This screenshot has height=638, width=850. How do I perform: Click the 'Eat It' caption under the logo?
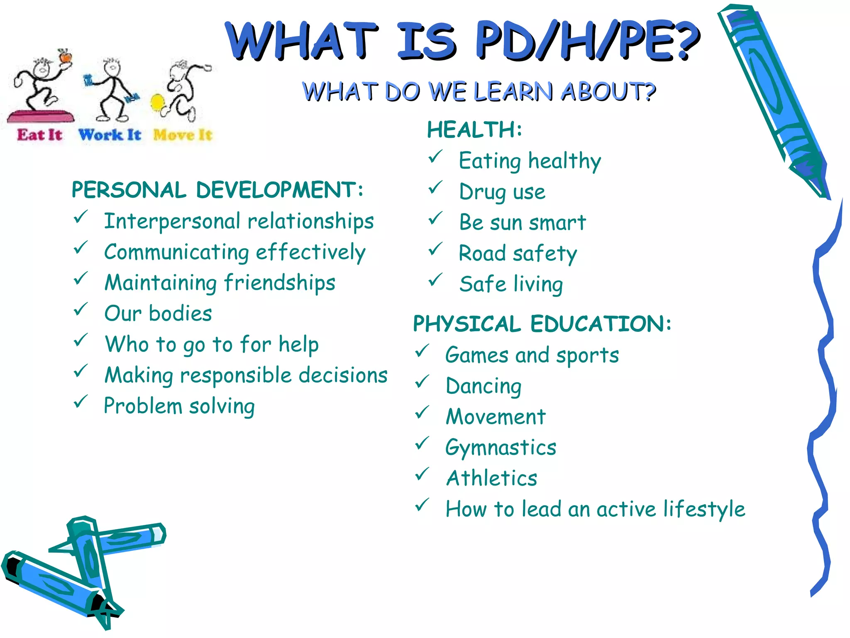[x=39, y=135]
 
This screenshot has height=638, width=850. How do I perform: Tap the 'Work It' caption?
[x=110, y=135]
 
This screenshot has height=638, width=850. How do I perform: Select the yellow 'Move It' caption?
[x=183, y=135]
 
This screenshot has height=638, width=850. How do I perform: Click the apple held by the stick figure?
[x=65, y=56]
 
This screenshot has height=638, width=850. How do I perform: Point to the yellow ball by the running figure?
[x=158, y=103]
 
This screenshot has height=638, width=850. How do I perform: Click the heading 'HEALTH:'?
[x=474, y=130]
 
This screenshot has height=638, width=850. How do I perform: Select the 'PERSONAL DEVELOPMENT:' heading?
[x=217, y=190]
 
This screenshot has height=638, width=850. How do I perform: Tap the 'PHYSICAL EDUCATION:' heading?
[x=542, y=324]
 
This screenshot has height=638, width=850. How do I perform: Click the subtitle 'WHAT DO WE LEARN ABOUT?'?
[x=479, y=91]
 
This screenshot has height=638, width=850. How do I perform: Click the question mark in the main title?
[x=687, y=41]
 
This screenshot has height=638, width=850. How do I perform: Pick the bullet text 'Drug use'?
[x=502, y=192]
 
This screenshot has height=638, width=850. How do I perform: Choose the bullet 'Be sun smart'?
[x=523, y=223]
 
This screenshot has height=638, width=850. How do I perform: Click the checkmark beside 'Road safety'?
[x=436, y=249]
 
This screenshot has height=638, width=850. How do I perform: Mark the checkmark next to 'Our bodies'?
[x=81, y=309]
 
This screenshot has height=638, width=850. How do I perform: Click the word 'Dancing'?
[x=484, y=386]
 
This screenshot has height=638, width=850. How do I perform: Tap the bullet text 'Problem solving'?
[x=179, y=406]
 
